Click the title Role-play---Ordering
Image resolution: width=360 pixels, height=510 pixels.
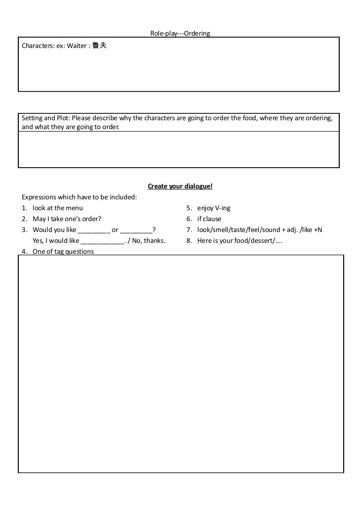[x=180, y=34]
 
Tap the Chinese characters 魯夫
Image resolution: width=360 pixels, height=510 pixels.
[x=99, y=46]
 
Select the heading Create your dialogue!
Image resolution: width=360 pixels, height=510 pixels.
[x=180, y=186]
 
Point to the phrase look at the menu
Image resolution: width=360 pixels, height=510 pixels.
[x=58, y=208]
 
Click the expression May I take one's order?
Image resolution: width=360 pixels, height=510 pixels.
[x=67, y=219]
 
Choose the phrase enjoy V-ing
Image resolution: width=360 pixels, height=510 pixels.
[x=214, y=208]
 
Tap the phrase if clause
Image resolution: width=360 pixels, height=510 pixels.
[x=209, y=219]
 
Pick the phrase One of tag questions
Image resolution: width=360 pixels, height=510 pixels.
[x=63, y=251]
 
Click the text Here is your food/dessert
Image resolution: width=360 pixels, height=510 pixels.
[x=238, y=241]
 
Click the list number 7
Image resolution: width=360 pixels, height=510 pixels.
[x=189, y=230]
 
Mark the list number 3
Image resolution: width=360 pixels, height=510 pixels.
[x=24, y=230]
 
